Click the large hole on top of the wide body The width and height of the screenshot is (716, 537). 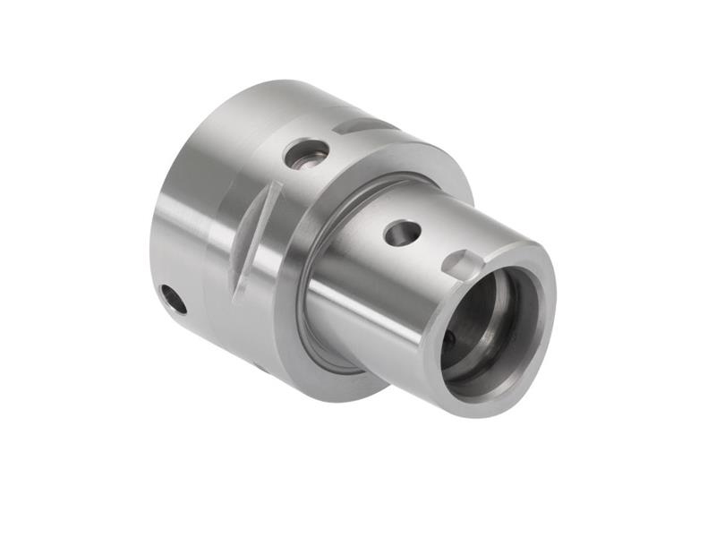click(x=306, y=153)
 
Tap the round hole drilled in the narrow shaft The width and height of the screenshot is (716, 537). click(x=402, y=233)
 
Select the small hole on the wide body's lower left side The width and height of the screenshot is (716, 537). click(x=175, y=298)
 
